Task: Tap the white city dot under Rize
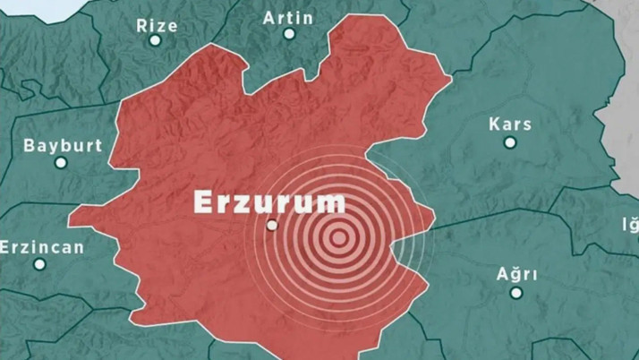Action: tap(156, 40)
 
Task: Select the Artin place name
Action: tap(289, 17)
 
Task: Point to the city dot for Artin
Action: tap(289, 34)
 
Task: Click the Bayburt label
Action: tap(63, 145)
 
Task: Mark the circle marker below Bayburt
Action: tap(61, 162)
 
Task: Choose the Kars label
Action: tap(510, 124)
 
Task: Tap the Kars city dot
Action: tap(510, 141)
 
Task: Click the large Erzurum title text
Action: tap(269, 201)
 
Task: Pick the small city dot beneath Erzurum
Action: tap(272, 226)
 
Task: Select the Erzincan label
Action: tap(42, 246)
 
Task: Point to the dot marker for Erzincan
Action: tap(39, 264)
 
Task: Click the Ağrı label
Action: tap(516, 273)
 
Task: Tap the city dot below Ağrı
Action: tap(516, 290)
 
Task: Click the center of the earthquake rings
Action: tap(338, 237)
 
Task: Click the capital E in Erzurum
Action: tap(203, 201)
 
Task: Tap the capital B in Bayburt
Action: tap(29, 145)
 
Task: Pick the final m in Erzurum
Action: tap(332, 203)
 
